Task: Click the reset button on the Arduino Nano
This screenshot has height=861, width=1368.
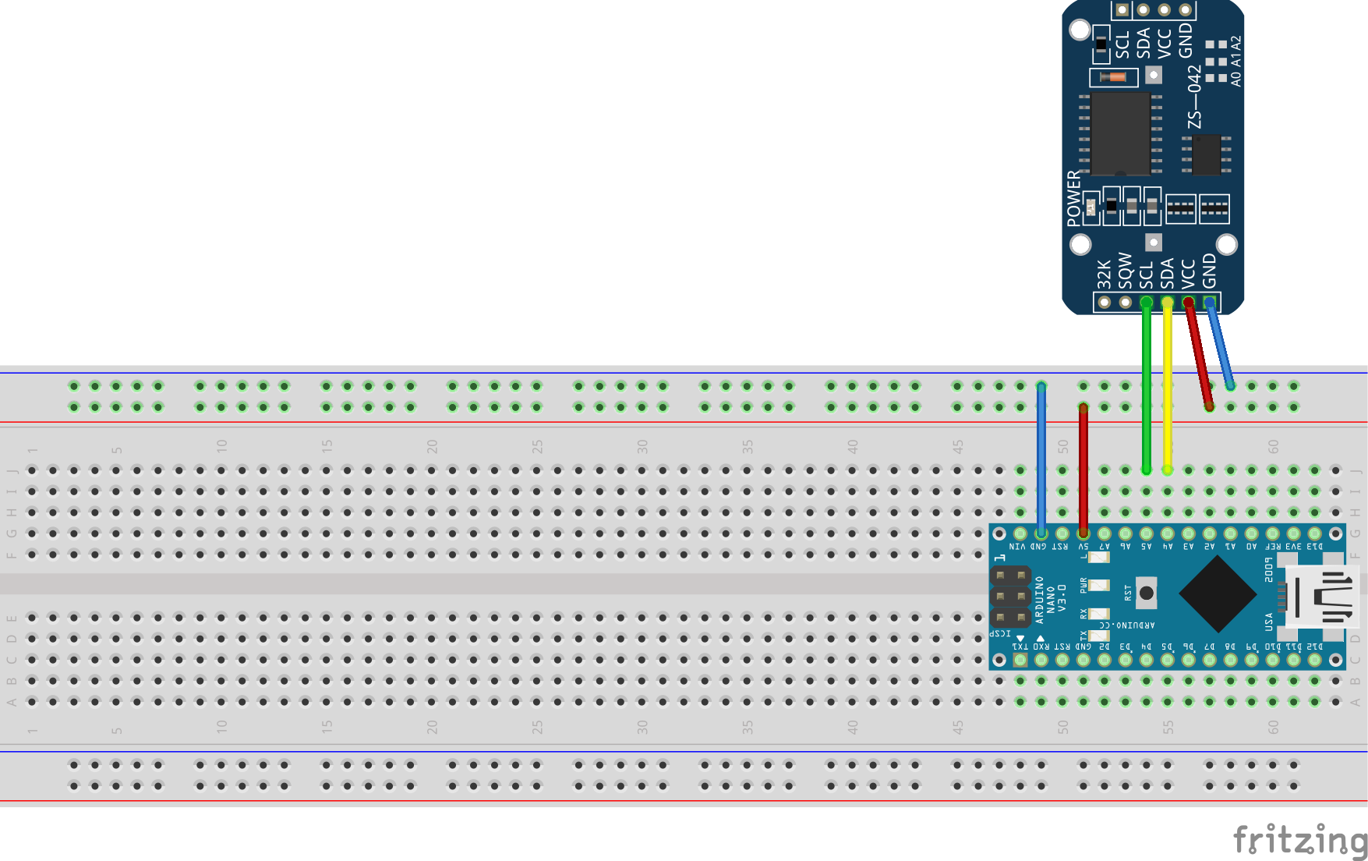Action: click(1146, 593)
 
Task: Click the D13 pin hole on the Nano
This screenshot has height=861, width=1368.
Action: click(1315, 534)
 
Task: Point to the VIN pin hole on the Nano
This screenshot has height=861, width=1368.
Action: click(1020, 534)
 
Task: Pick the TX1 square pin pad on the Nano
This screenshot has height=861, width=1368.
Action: click(1020, 661)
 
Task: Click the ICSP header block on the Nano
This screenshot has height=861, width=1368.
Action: click(1010, 597)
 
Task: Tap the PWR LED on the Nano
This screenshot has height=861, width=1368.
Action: click(1098, 585)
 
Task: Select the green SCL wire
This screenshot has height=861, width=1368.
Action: click(1147, 390)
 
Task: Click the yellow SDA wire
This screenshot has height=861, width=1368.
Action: click(1168, 390)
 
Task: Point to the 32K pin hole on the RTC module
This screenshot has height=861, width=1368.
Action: click(1105, 303)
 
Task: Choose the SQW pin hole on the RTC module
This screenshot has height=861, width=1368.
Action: click(1126, 303)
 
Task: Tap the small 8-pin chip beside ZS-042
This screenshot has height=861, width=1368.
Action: click(1206, 154)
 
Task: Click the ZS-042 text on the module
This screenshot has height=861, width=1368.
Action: click(1194, 97)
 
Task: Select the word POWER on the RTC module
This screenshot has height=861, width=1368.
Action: click(1074, 198)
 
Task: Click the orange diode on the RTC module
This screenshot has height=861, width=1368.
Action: click(1114, 76)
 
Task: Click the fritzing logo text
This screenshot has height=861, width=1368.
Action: click(1299, 841)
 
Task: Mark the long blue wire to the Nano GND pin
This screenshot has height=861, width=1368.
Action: click(1041, 460)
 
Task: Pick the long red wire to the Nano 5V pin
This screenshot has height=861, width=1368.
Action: click(1083, 468)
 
